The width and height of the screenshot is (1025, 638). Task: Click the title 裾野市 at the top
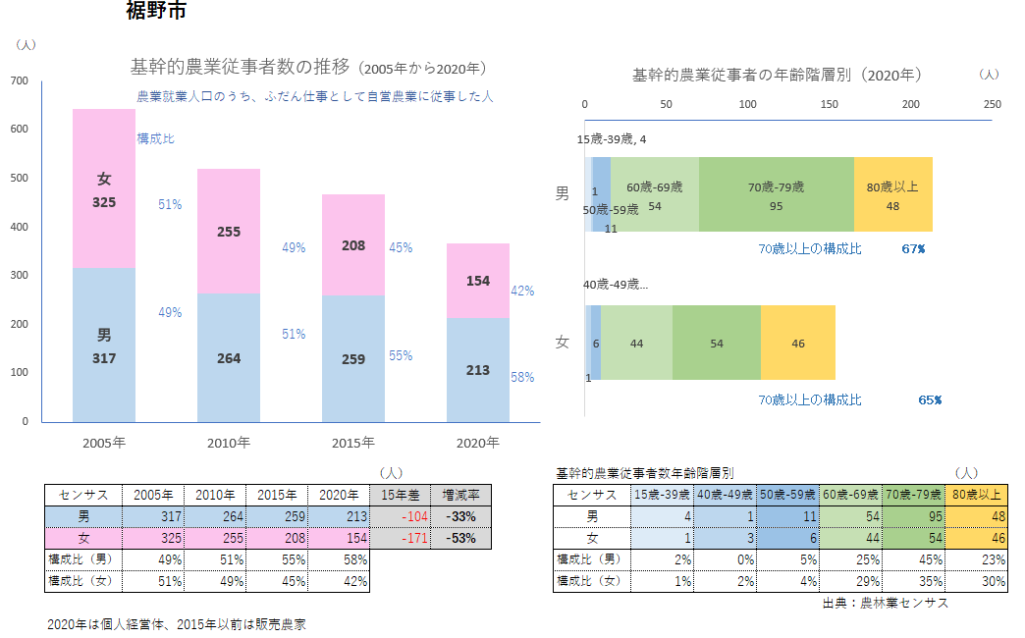coord(156,12)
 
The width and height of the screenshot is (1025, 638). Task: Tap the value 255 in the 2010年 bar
coord(229,233)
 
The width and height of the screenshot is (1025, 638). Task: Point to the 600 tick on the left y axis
coord(20,130)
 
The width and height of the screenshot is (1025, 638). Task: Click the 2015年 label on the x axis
coord(353,443)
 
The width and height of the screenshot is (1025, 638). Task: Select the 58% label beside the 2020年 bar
coord(522,377)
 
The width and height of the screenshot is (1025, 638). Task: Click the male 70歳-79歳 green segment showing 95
coord(776,194)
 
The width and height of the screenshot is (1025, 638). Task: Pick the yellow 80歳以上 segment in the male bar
coord(892,194)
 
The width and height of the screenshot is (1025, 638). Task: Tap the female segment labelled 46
coord(797,343)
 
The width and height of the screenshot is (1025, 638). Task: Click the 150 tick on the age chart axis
coord(830,104)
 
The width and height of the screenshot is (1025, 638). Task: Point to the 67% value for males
coord(913,249)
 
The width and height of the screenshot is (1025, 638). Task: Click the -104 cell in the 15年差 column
coord(402,515)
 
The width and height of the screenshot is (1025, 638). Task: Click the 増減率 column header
coord(460,495)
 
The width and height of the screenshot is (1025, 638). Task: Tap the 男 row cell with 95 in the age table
coord(913,515)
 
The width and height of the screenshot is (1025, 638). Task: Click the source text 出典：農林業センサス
coord(886,604)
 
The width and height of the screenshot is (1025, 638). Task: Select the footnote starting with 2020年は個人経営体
coord(177,624)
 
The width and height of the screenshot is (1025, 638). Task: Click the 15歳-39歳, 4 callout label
coord(612,139)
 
